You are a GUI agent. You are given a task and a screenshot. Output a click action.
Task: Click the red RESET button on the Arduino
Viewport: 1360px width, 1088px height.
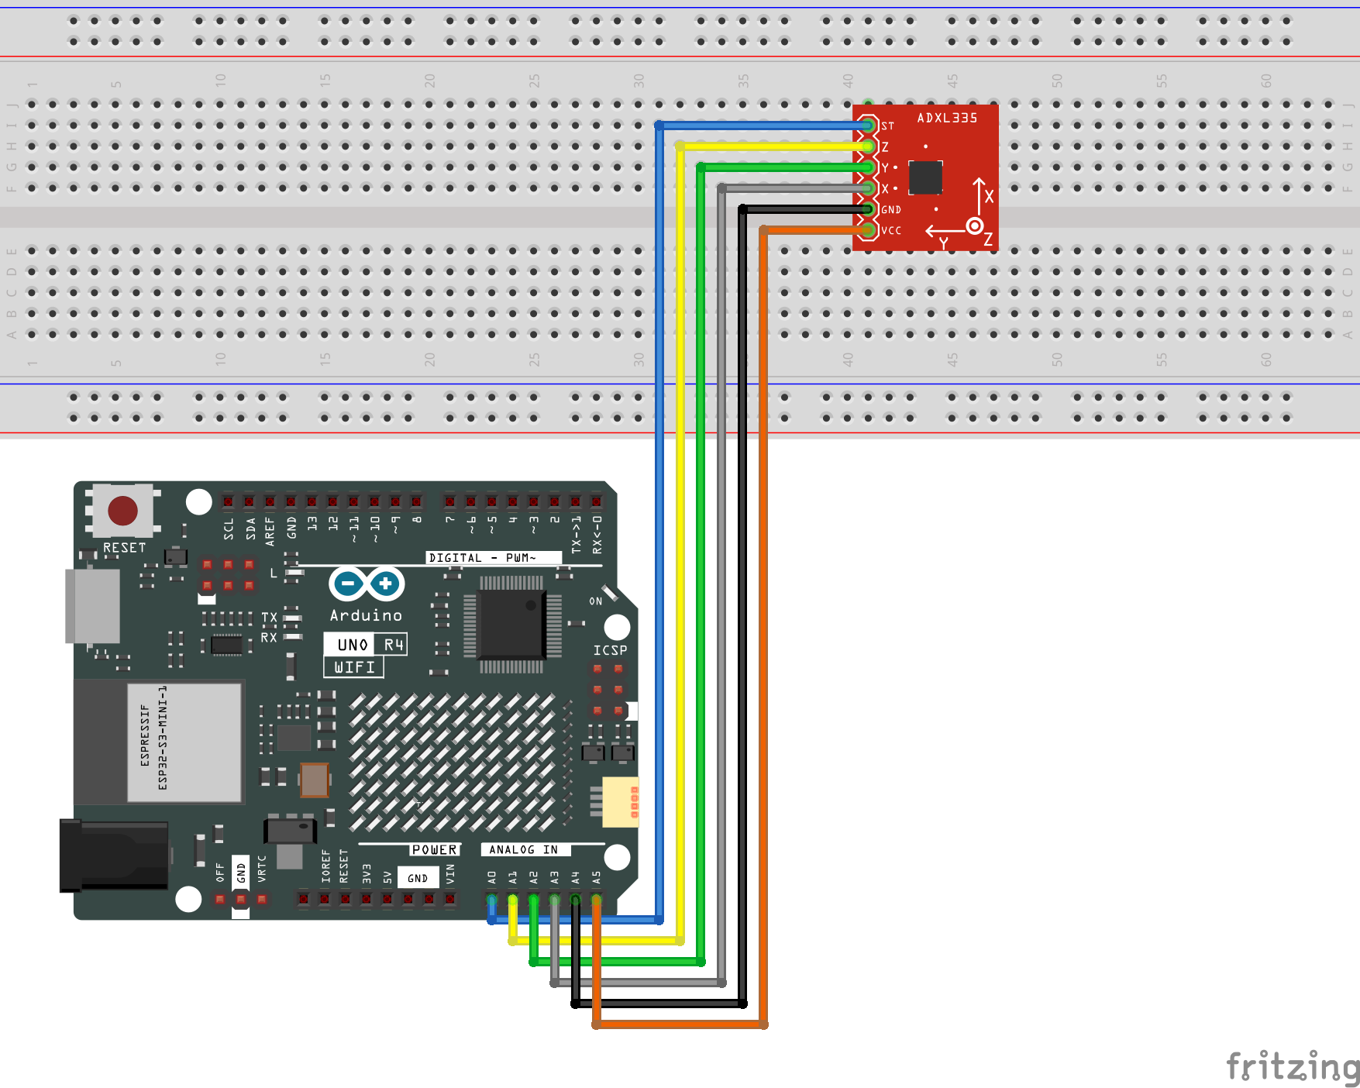coord(122,511)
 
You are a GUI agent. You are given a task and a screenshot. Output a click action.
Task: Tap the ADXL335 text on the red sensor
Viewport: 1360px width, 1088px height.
coord(947,118)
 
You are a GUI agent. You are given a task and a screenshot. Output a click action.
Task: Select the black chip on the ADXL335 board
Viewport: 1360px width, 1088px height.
coord(925,177)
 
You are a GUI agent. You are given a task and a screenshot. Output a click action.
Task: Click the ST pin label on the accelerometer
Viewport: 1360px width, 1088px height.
coord(887,126)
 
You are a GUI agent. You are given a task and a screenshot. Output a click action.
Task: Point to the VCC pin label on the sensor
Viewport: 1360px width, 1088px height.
coord(891,230)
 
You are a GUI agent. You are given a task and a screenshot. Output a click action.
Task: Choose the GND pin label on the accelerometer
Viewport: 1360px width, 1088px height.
coord(891,209)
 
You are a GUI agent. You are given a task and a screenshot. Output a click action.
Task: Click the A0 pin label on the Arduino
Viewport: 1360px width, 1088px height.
coord(492,877)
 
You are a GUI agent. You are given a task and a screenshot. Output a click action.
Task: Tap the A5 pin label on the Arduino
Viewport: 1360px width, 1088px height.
coord(597,877)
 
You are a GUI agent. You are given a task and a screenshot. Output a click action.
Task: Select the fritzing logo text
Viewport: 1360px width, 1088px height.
coord(1292,1066)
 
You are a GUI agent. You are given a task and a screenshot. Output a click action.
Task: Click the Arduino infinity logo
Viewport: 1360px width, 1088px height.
coord(367,584)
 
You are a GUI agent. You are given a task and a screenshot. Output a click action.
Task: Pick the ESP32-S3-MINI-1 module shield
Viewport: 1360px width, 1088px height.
coord(184,742)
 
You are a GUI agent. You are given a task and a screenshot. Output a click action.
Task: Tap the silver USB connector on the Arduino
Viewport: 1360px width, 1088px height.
coord(93,606)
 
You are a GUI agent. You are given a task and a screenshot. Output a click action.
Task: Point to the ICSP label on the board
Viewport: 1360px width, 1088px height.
coord(610,650)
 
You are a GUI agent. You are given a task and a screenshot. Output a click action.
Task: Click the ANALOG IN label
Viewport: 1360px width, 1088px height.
coord(524,850)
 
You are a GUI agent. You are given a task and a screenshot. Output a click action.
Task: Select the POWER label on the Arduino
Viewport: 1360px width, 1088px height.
coord(434,850)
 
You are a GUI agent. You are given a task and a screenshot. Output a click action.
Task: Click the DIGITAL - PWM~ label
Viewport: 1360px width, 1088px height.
coord(483,558)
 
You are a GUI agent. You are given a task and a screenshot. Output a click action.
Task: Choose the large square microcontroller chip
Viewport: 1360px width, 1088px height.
coord(511,623)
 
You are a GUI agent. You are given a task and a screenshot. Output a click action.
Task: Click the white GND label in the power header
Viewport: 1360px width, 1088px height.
coord(418,878)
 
